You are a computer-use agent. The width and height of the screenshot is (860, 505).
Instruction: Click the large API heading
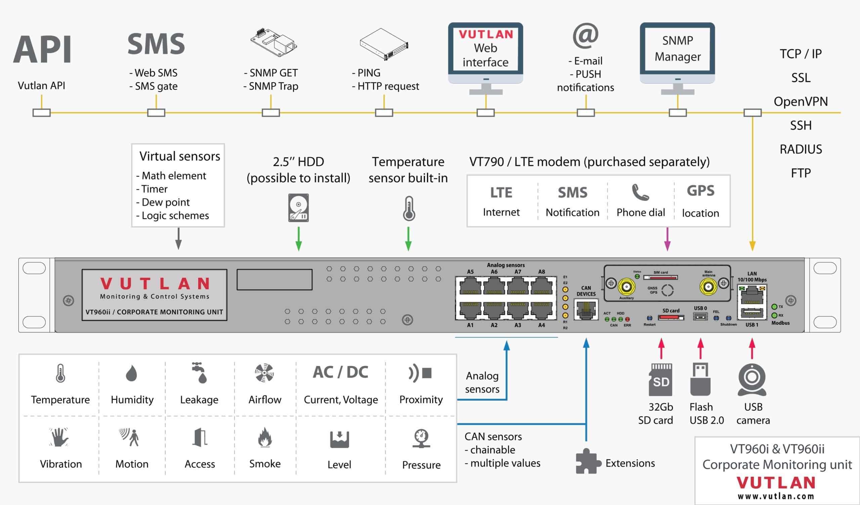(x=43, y=49)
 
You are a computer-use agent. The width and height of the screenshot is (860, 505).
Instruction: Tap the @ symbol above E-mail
(x=585, y=36)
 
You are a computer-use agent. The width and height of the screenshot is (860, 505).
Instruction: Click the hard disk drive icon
(x=298, y=208)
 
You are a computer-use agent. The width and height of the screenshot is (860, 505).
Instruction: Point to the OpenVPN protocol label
(x=801, y=101)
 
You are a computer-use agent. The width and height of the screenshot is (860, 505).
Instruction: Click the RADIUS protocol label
(x=801, y=149)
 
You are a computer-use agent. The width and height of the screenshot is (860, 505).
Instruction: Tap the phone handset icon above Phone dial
(x=640, y=192)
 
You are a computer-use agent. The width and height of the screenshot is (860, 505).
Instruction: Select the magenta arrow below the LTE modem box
(x=667, y=239)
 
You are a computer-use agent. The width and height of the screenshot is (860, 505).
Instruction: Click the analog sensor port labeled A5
(x=470, y=287)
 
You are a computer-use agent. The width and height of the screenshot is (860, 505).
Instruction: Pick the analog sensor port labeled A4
(x=542, y=310)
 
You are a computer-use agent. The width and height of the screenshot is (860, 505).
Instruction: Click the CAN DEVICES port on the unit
(x=586, y=310)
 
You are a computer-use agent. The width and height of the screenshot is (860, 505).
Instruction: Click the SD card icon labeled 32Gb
(x=660, y=379)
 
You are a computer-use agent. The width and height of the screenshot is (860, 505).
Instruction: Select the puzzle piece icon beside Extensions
(x=588, y=461)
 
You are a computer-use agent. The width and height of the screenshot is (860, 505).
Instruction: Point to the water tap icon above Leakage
(x=199, y=373)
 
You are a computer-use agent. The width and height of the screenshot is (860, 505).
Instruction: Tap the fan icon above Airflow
(x=264, y=373)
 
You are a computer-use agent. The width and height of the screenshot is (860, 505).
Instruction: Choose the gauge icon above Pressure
(x=421, y=438)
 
